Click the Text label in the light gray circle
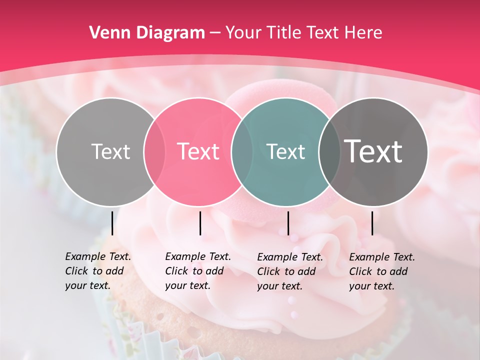110,151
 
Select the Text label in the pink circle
198,151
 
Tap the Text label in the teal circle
285,151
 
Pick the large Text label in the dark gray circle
373,151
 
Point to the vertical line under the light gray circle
112,223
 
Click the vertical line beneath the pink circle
200,223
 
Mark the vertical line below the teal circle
288,223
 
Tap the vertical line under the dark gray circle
372,223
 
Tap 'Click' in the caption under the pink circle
176,271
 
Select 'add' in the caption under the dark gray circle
398,271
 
